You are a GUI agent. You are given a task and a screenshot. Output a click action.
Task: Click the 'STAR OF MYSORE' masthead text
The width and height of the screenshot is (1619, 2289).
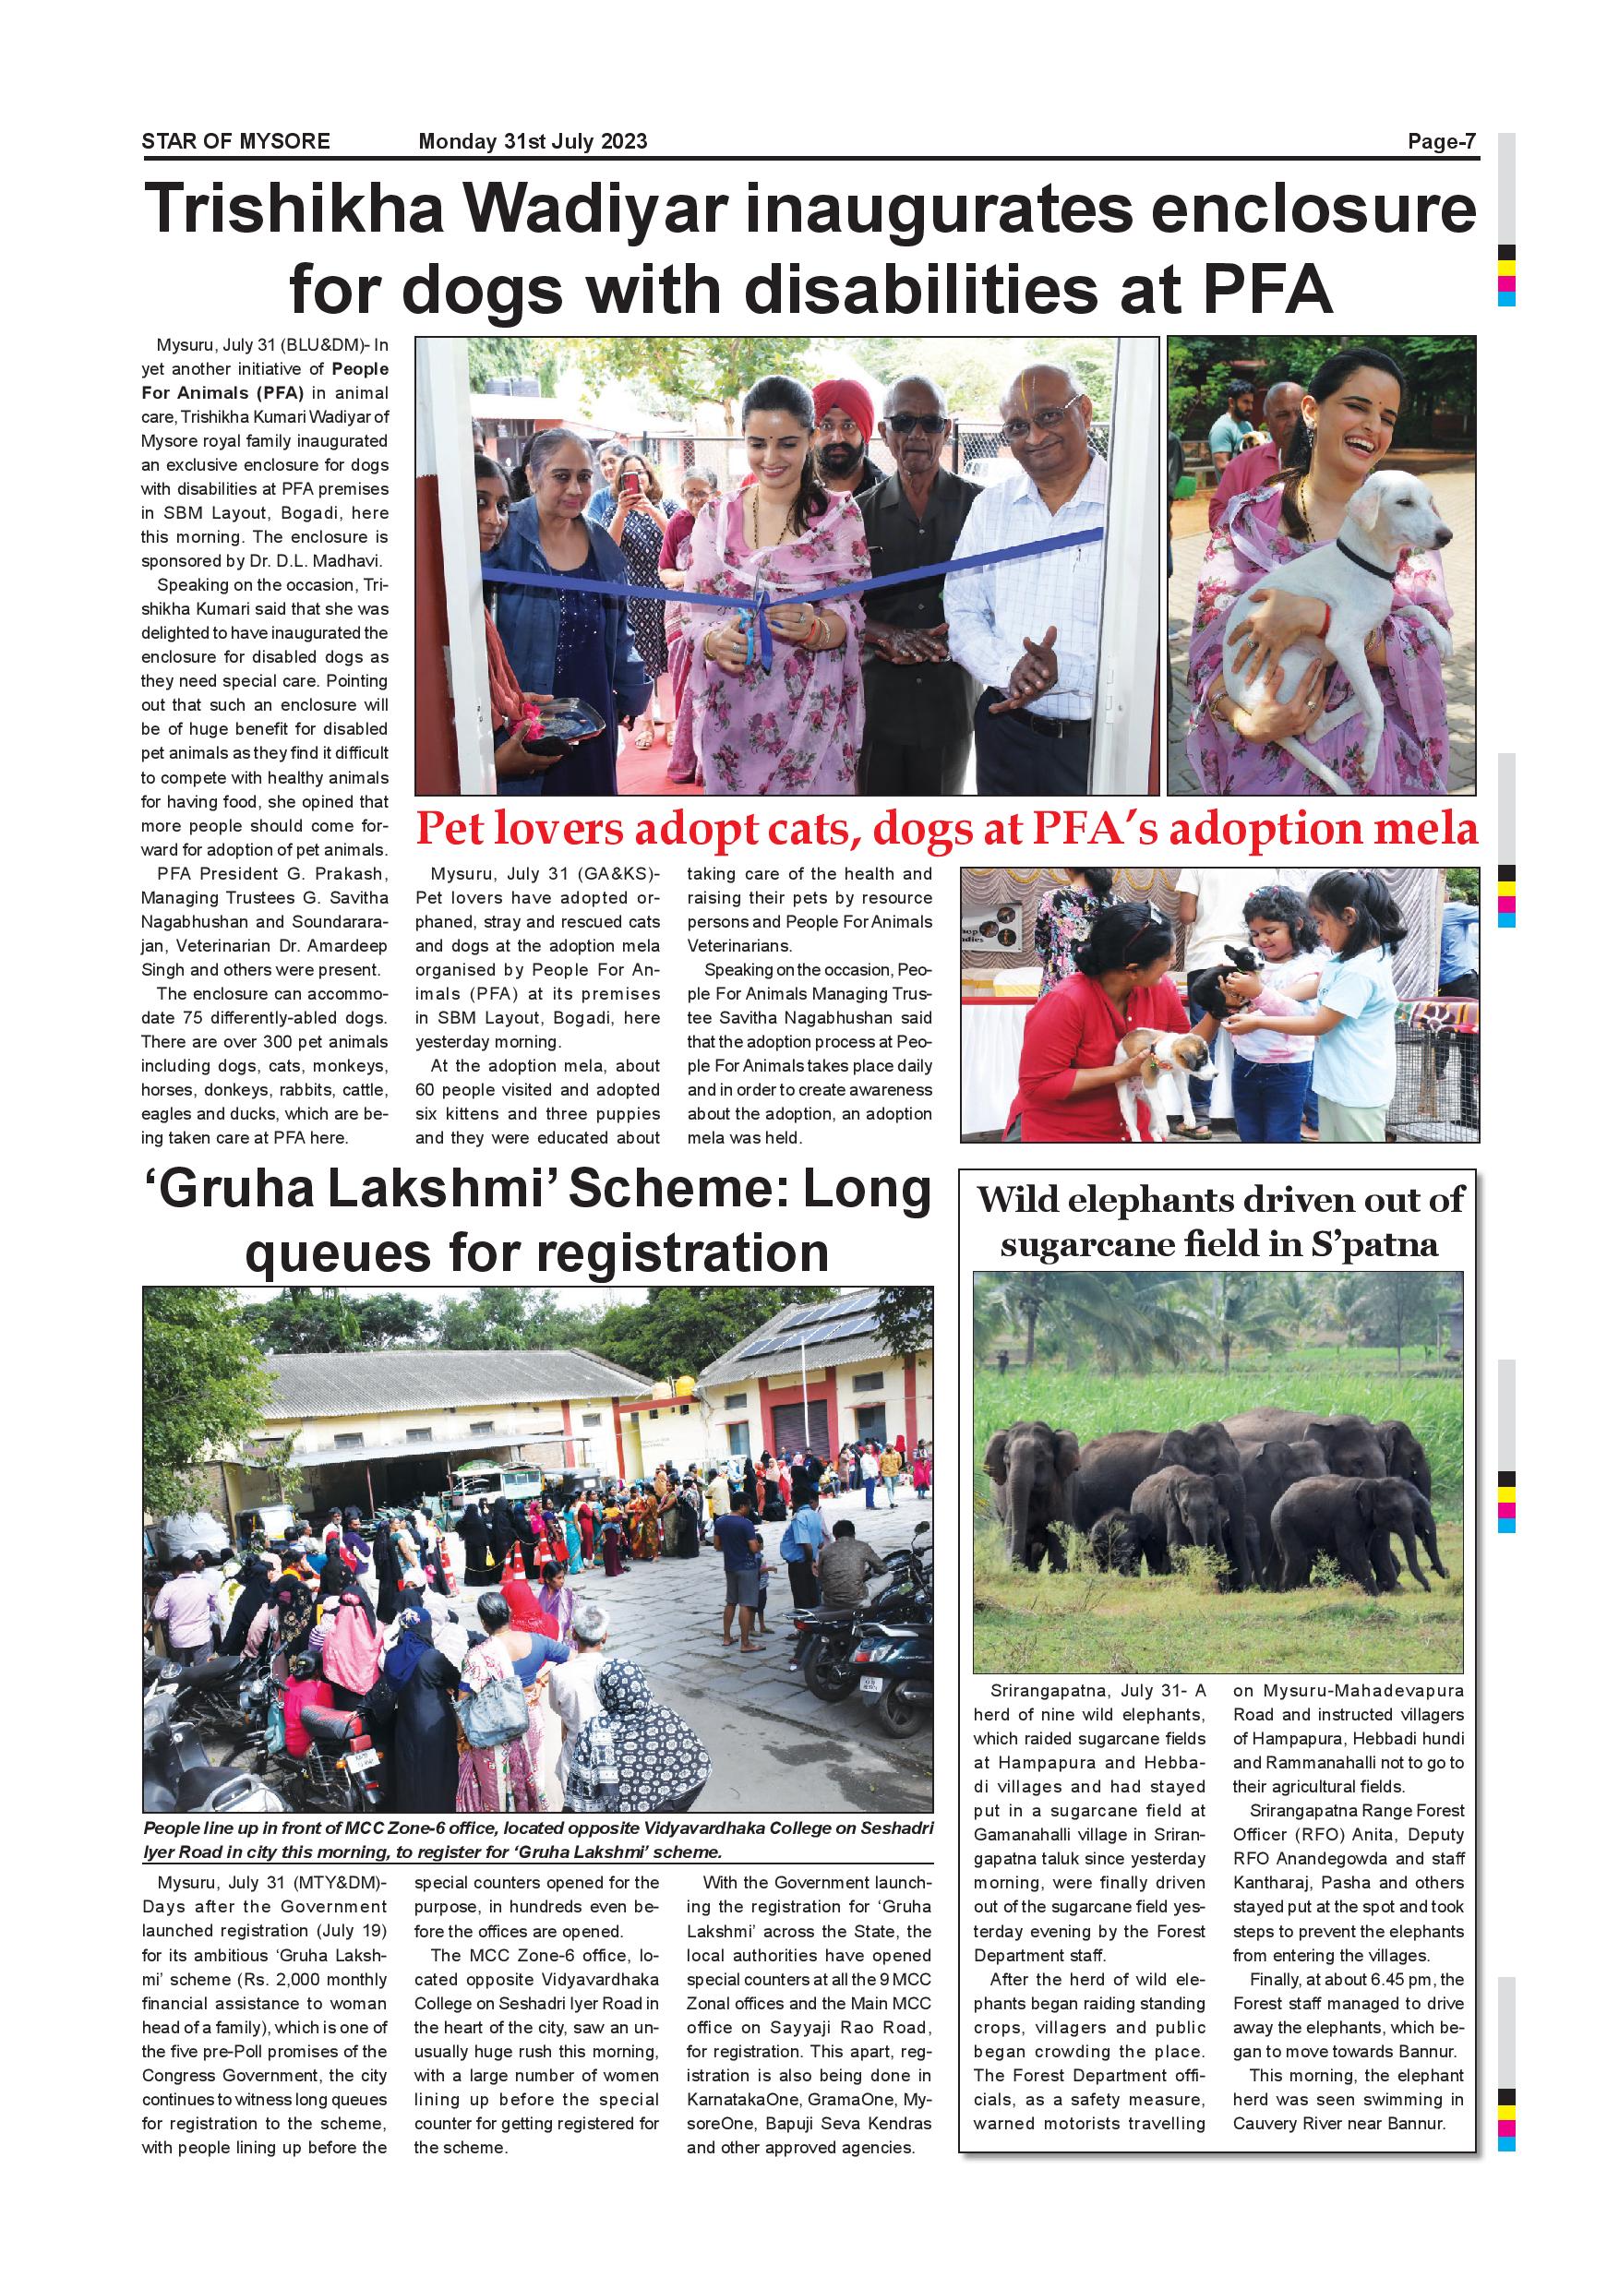tap(235, 141)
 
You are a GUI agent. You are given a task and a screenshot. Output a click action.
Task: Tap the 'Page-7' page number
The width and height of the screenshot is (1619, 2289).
tap(1441, 141)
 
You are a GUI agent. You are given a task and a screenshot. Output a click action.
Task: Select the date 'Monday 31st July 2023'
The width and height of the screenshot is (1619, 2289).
tap(533, 141)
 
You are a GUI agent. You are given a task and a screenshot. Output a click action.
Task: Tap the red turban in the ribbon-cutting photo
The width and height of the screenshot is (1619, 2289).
tap(843, 402)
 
